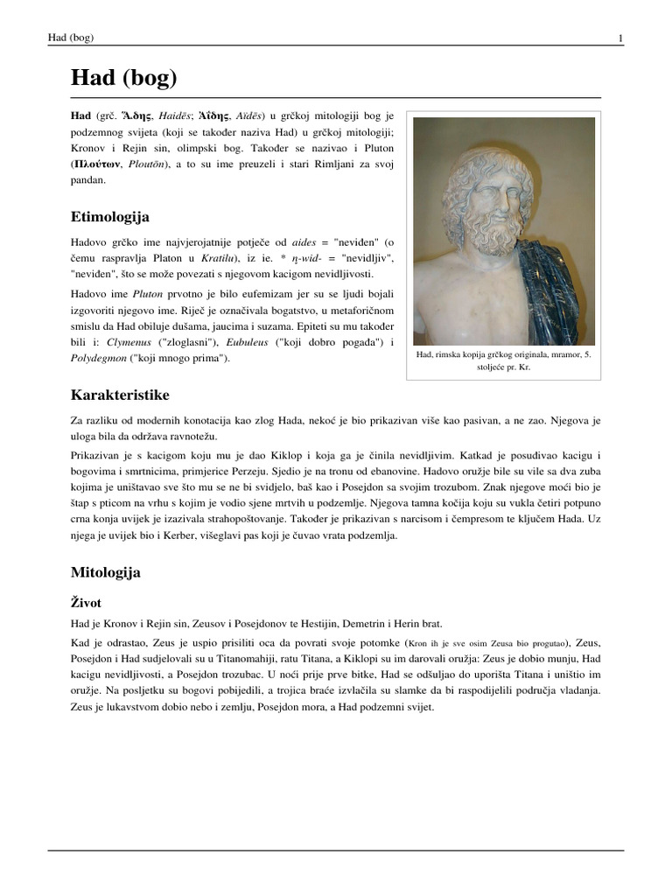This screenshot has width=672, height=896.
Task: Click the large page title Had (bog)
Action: click(x=123, y=79)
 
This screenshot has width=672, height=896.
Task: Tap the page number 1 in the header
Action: click(x=619, y=38)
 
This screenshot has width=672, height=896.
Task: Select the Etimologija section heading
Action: click(x=109, y=215)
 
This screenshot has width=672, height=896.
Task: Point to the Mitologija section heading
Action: click(x=105, y=573)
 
